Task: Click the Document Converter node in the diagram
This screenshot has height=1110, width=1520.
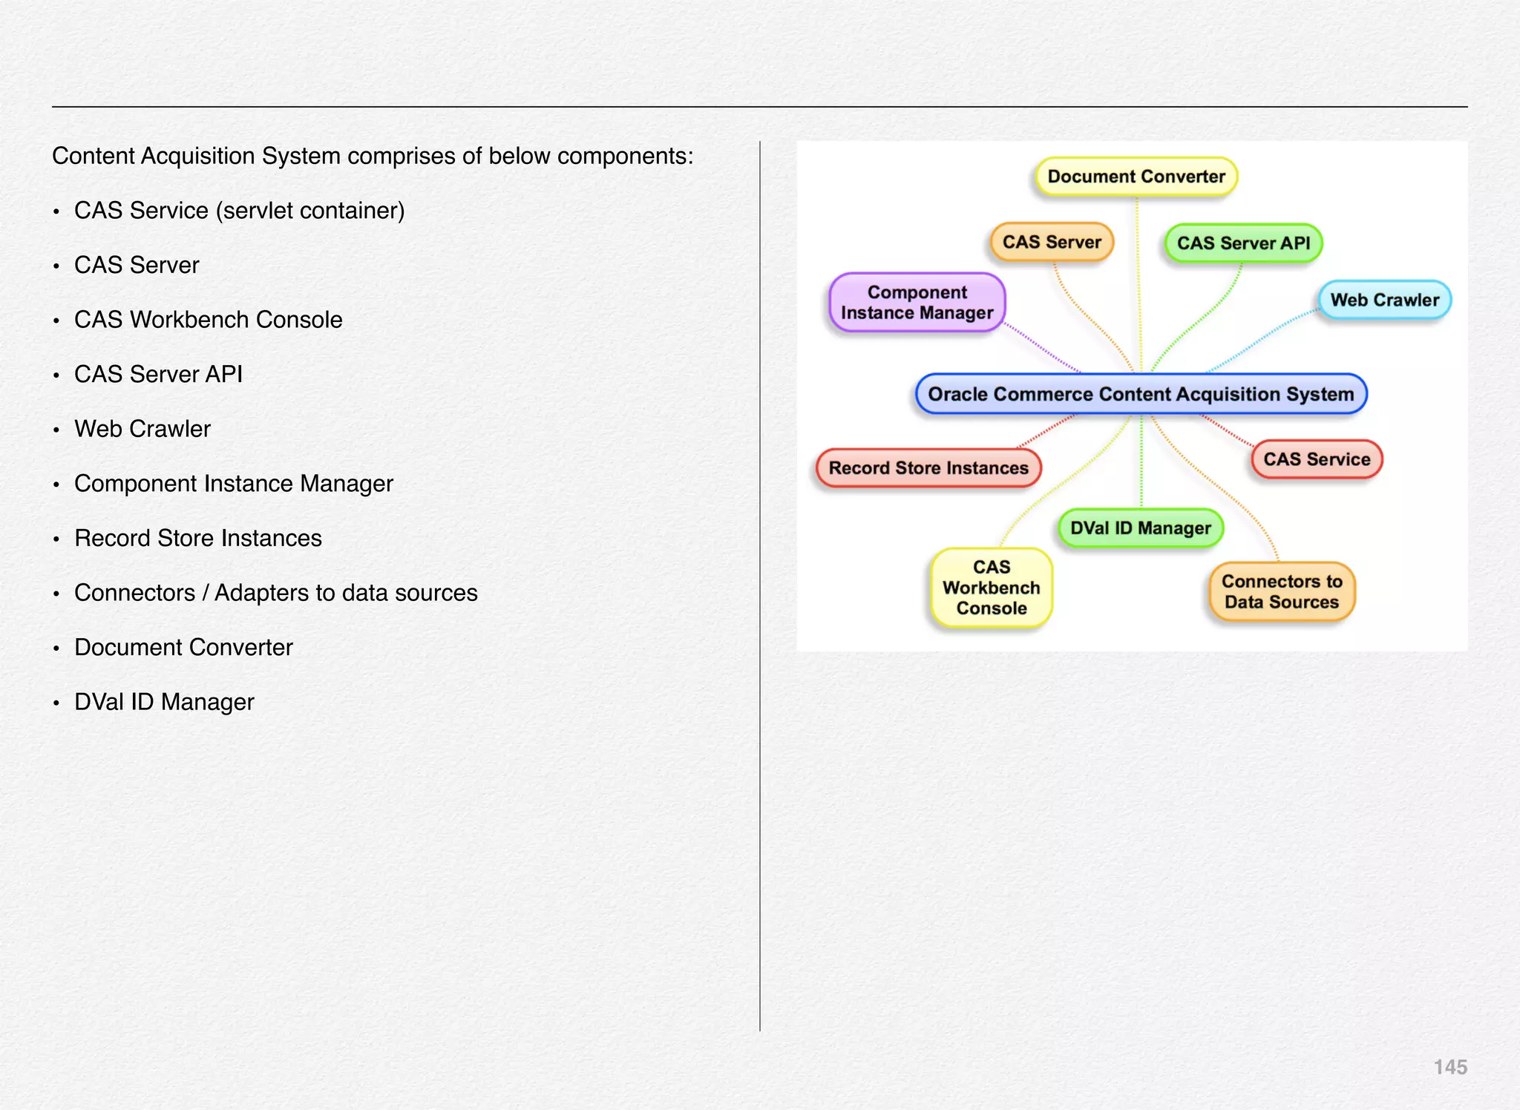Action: click(x=1136, y=177)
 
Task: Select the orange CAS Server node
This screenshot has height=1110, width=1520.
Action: click(x=1052, y=242)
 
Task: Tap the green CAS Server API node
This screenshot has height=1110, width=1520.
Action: click(x=1243, y=243)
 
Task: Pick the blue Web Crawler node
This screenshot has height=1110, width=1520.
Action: click(x=1384, y=300)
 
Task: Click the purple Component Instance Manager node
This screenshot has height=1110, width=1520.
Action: click(x=917, y=302)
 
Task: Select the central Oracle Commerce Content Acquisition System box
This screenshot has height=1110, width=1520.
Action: click(x=1141, y=394)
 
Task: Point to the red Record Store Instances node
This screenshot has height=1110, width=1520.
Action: click(x=928, y=468)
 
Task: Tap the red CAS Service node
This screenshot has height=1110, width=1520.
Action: click(x=1317, y=459)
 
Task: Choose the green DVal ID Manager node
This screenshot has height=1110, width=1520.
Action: click(x=1140, y=528)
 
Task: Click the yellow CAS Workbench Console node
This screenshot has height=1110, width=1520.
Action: click(x=992, y=588)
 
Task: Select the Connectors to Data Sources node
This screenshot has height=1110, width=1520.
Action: click(x=1282, y=591)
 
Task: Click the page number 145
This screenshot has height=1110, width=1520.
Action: click(x=1450, y=1067)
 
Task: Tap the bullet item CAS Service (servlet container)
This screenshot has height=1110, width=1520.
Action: click(x=239, y=211)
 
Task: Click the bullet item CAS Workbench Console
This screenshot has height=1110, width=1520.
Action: click(x=208, y=320)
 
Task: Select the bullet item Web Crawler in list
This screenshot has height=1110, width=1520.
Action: click(x=142, y=429)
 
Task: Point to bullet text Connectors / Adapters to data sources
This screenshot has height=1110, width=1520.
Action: click(x=275, y=593)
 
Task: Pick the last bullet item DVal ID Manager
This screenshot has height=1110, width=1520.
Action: click(x=164, y=702)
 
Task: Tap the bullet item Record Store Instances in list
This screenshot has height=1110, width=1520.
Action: click(x=197, y=538)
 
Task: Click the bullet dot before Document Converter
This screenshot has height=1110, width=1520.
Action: click(x=56, y=648)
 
